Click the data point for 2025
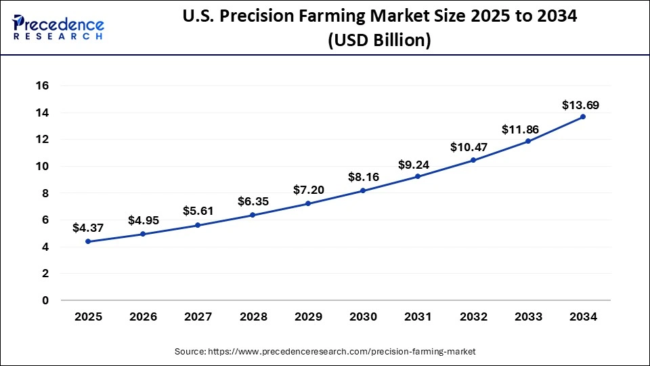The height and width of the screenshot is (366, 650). tap(88, 241)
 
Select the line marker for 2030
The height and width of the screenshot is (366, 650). tap(363, 190)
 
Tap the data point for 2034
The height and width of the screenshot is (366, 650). tap(583, 117)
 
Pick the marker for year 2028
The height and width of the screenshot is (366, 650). tap(253, 215)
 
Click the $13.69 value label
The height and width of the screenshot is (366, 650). tap(580, 105)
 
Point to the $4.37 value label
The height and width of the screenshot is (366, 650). tap(88, 228)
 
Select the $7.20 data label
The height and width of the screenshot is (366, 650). tap(308, 190)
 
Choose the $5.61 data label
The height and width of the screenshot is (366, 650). tap(198, 211)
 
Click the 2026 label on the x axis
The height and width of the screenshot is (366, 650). tap(143, 317)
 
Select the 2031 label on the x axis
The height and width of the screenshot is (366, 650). tap(418, 317)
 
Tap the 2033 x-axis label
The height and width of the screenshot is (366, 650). tap(527, 317)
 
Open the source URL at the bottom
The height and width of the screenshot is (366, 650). tap(325, 352)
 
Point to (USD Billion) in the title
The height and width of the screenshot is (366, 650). tap(378, 41)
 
